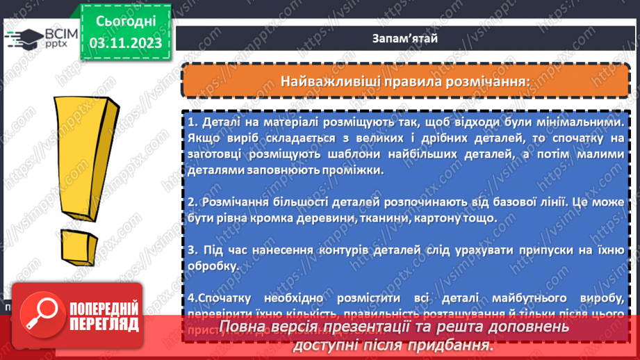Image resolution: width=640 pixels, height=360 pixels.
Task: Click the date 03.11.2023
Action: click(125, 43)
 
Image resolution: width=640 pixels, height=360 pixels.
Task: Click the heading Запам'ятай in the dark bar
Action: click(404, 38)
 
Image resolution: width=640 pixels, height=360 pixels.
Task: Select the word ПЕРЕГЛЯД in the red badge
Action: click(104, 325)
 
